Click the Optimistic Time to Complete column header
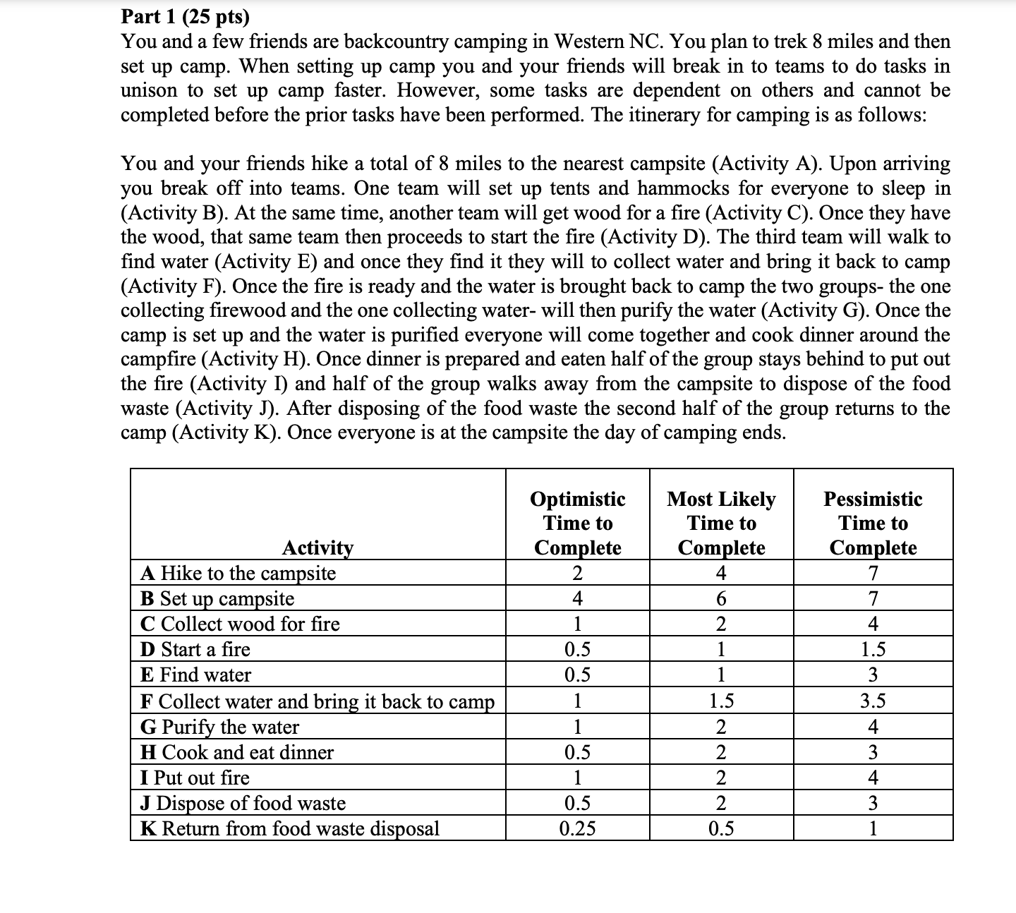[577, 523]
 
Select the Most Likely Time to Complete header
[721, 523]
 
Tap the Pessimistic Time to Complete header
[873, 523]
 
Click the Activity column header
[317, 548]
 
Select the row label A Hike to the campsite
[238, 573]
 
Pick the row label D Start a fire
[195, 649]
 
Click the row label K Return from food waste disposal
[290, 828]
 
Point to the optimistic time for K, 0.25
[577, 828]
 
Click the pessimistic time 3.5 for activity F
[873, 701]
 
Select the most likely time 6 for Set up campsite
[720, 598]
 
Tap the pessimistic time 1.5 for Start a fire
[873, 649]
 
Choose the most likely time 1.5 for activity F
[720, 701]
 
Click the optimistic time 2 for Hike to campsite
[577, 573]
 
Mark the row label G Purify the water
[219, 727]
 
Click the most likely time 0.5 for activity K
[720, 828]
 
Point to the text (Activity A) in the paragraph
[766, 164]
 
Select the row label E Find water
[195, 675]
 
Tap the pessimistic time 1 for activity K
[873, 828]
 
